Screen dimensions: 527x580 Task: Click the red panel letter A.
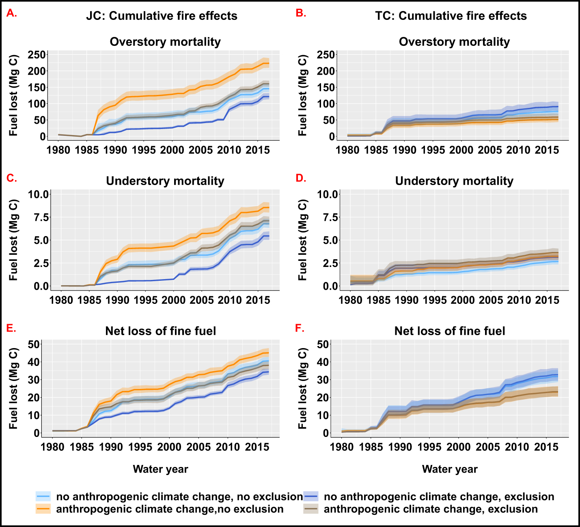pos(12,13)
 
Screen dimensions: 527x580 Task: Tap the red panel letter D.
pos(301,178)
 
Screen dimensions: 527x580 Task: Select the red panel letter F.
pos(300,328)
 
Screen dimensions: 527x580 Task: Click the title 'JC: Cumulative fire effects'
pos(162,16)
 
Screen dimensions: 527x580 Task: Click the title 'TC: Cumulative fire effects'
pos(451,16)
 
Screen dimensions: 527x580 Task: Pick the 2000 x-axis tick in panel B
pos(461,150)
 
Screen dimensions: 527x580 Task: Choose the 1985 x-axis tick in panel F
pos(371,447)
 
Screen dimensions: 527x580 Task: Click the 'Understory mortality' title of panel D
pos(454,181)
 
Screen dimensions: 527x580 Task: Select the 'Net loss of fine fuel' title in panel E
pos(160,331)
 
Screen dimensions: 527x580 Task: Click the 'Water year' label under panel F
pos(450,469)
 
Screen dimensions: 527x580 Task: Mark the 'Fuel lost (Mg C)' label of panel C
pos(13,239)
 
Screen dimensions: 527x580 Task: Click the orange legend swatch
pos(43,509)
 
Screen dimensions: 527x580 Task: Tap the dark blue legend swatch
pos(311,497)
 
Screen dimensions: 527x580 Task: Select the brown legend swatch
pos(311,509)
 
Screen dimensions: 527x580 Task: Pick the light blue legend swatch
pos(43,497)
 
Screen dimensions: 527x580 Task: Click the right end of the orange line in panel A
pos(269,63)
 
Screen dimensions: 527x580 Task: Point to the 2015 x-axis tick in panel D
pos(547,300)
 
